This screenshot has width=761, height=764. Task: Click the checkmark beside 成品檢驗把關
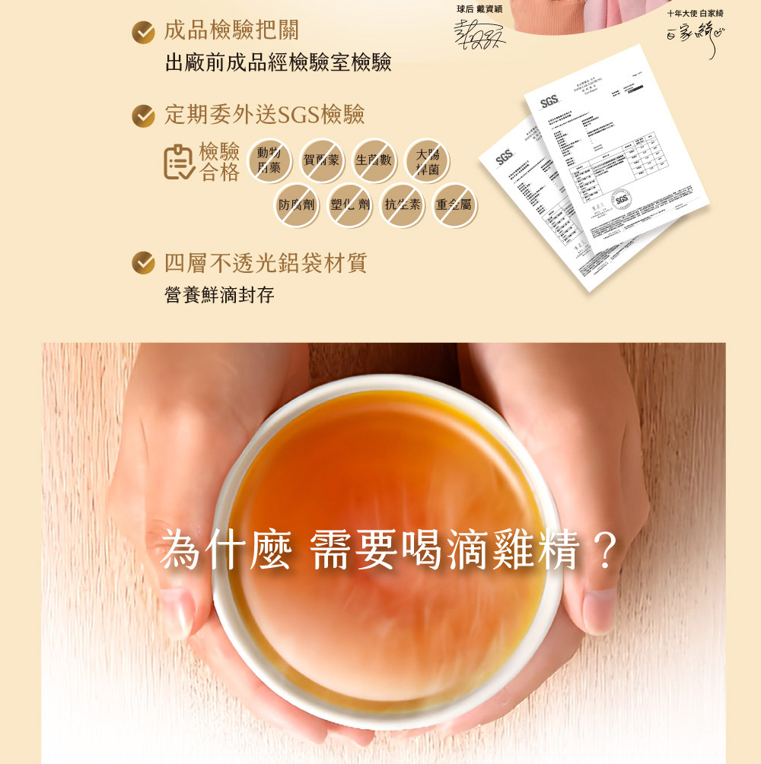(x=144, y=31)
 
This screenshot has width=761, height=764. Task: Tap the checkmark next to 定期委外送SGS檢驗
(x=144, y=116)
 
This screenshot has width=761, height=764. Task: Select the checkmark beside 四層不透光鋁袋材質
(x=144, y=264)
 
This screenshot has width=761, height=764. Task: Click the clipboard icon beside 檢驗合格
(x=179, y=161)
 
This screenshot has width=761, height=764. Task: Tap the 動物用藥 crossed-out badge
(x=269, y=160)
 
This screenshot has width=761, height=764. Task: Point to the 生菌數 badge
(x=374, y=160)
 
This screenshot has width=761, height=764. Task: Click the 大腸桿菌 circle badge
(x=427, y=161)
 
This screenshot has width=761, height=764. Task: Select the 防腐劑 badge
(x=296, y=204)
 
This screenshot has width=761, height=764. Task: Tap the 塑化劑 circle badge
(x=349, y=204)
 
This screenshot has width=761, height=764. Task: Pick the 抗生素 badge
(x=402, y=204)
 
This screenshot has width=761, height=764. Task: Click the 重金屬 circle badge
(x=454, y=204)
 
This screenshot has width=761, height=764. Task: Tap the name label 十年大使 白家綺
(x=696, y=13)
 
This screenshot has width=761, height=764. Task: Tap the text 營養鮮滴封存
(x=219, y=295)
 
